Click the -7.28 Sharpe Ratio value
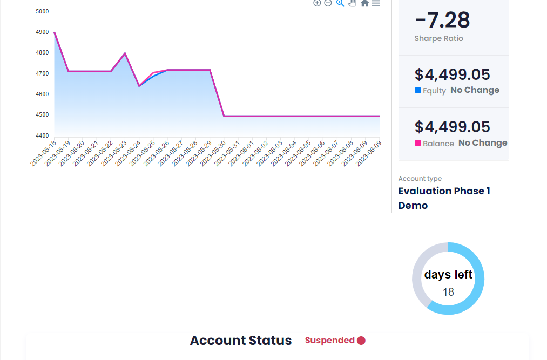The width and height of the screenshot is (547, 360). pos(442,20)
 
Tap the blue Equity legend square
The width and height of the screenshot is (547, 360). pos(417,90)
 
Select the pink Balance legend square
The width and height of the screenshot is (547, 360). pos(417,142)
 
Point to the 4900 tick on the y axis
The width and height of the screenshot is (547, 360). pos(42,32)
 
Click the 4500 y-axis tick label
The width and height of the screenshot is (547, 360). pos(42,115)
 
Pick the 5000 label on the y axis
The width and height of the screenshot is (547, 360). pos(42,11)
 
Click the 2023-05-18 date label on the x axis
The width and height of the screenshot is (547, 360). pos(43,153)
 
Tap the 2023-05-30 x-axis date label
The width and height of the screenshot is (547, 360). pos(213,153)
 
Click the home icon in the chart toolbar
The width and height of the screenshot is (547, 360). pos(364,3)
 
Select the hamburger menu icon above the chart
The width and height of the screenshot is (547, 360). pos(376,3)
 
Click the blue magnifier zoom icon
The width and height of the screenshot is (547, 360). pos(340,3)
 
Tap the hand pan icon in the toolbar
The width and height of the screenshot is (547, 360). pos(352,3)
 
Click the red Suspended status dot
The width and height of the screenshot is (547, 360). pos(361,341)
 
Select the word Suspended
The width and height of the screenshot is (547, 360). pos(330,340)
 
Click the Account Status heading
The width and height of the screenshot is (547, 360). pos(241,341)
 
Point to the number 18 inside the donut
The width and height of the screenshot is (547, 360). pos(448,292)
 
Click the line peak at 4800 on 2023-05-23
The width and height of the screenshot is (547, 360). pos(125,53)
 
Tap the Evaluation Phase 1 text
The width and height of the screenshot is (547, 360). pos(444,191)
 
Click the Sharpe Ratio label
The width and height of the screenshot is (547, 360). pos(439,38)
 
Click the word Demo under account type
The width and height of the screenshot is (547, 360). pos(413,206)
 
